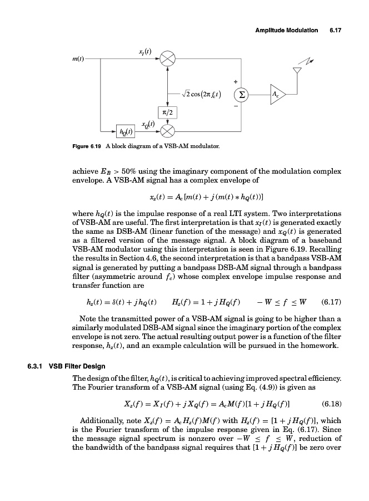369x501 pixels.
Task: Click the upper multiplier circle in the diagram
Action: pos(168,58)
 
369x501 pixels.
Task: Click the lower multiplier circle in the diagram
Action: pos(168,132)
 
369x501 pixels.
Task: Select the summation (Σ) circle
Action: pos(241,94)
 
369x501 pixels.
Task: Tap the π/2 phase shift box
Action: pos(168,114)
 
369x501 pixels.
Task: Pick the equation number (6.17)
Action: pos(332,303)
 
